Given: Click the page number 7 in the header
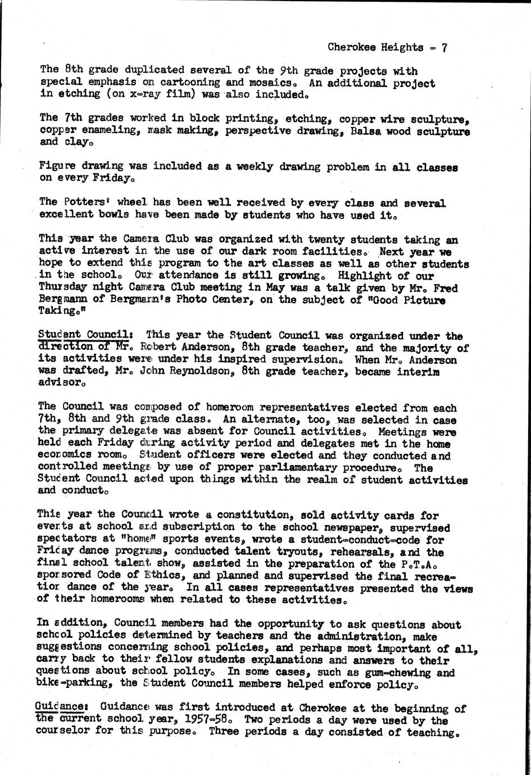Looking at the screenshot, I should click(444, 48).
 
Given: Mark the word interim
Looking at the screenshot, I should click(421, 372).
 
